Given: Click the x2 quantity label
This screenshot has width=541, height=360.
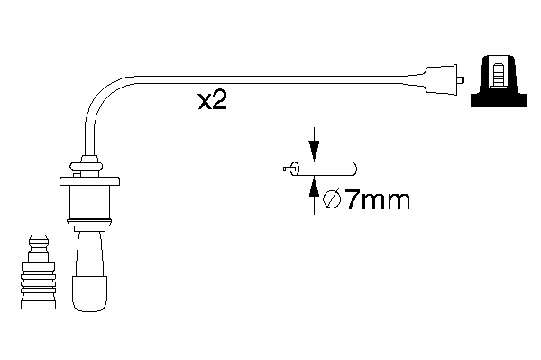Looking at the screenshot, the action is [212, 100].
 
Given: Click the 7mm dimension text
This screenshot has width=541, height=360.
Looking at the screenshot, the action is [378, 199].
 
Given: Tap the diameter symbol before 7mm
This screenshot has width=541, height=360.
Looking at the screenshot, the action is [332, 199].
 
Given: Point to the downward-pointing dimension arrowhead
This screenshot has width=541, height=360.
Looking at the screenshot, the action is [314, 151].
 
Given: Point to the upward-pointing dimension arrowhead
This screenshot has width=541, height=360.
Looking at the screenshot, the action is [314, 187].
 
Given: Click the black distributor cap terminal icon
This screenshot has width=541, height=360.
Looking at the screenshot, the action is [499, 81].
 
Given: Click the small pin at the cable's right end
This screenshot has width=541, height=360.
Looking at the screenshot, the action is [461, 80].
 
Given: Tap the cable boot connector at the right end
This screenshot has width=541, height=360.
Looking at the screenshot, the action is [441, 79].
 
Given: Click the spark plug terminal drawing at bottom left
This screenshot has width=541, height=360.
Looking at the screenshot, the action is [38, 272].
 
